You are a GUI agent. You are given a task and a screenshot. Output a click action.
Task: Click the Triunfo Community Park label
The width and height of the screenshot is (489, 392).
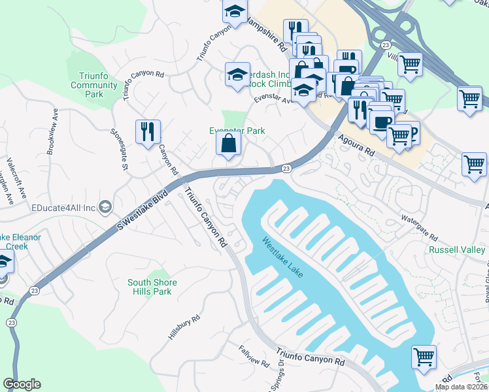[x=93, y=85]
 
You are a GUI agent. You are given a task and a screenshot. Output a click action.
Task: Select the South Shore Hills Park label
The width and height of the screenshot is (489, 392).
[x=149, y=287]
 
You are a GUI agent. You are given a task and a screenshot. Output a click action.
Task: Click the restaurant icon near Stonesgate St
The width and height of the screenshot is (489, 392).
[x=148, y=132]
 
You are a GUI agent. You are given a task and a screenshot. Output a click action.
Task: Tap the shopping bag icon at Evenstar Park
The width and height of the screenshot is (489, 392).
[x=228, y=144]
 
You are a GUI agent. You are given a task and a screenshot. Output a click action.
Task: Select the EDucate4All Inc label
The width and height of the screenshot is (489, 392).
[x=64, y=208]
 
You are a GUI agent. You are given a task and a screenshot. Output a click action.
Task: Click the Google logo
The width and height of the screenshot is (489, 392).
[x=22, y=384]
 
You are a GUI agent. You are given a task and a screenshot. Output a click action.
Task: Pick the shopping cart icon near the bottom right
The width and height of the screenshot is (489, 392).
[x=424, y=358]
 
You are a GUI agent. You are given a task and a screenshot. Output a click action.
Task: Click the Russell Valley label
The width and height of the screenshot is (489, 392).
[x=457, y=250]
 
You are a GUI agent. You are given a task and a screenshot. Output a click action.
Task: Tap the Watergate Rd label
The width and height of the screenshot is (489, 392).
[x=419, y=225]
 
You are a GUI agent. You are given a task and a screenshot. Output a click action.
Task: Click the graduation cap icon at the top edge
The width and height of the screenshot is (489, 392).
[x=235, y=10]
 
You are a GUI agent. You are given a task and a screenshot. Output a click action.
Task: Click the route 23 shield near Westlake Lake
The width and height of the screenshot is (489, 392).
[x=286, y=169]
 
